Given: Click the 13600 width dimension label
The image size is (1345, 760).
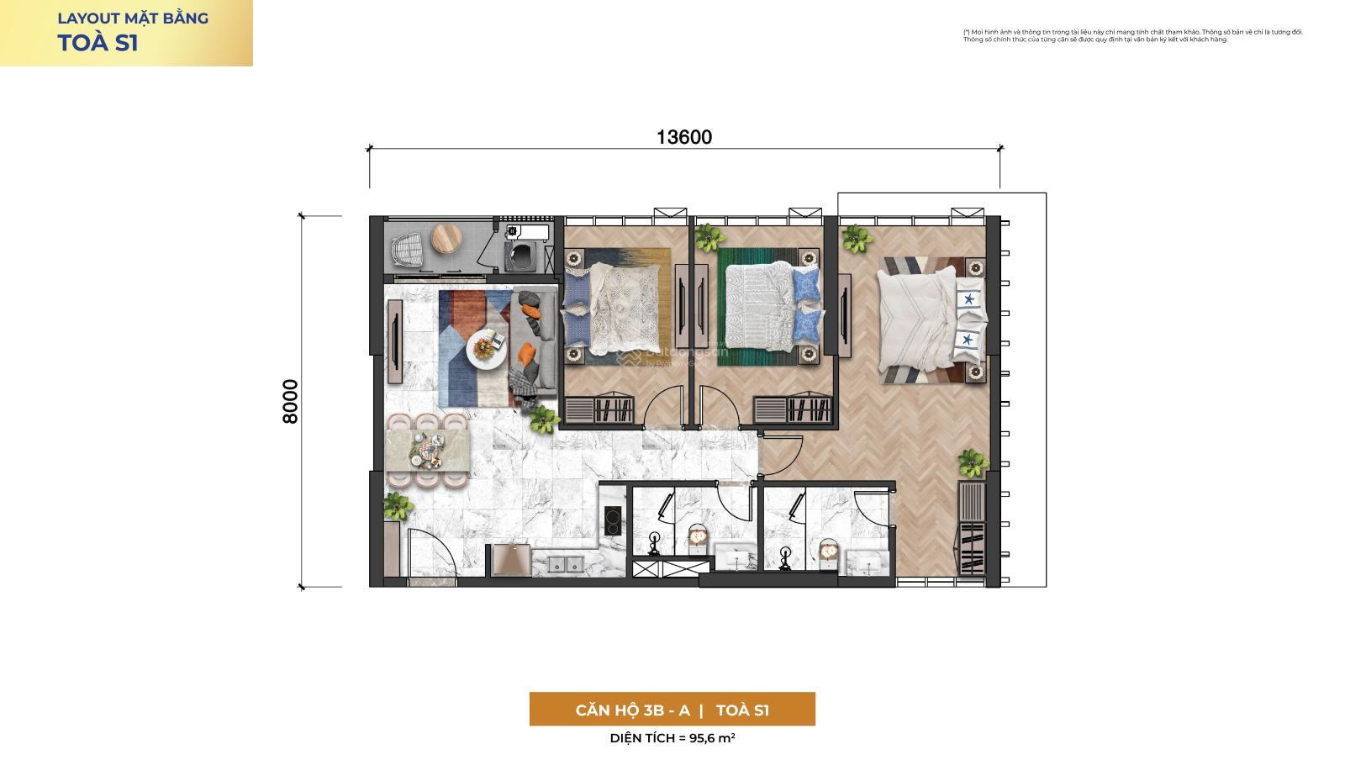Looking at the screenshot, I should point(683,137).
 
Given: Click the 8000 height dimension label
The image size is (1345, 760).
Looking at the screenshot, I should point(290,401).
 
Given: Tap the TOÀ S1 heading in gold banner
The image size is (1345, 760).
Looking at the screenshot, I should point(98,44).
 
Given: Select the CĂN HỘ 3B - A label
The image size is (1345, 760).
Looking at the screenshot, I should point(632,710).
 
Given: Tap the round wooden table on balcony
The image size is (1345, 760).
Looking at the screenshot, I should point(448,240).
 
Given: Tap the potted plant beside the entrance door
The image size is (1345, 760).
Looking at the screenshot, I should point(396,505).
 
